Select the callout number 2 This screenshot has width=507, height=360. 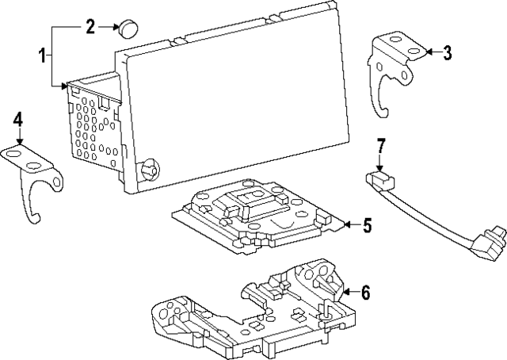(90, 28)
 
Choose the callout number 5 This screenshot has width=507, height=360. (367, 225)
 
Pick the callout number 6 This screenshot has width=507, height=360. (365, 293)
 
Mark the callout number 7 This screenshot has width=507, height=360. (380, 145)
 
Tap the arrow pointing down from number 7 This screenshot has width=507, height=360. (380, 163)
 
